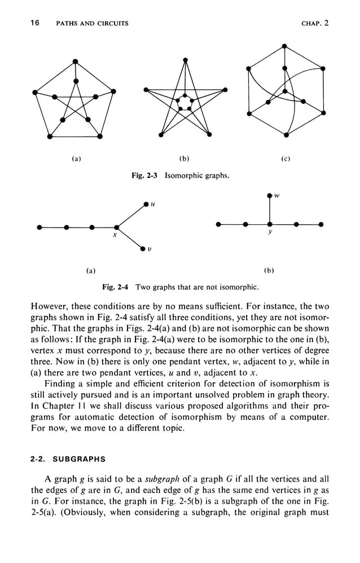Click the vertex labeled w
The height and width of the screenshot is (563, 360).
click(x=270, y=195)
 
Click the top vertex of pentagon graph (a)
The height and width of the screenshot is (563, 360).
click(x=75, y=62)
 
